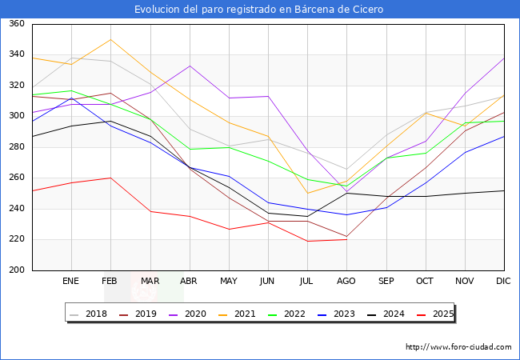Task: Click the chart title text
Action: [x=259, y=10]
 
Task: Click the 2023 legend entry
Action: [x=342, y=314]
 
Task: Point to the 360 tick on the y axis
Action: [x=17, y=24]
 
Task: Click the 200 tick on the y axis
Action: [x=17, y=270]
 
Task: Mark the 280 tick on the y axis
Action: [x=17, y=147]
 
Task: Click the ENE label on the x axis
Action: [x=71, y=282]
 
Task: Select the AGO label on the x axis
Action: [x=346, y=282]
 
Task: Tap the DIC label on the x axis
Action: [x=503, y=282]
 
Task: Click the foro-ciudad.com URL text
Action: [x=458, y=347]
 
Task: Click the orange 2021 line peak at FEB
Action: [x=110, y=39]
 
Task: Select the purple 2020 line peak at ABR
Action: [x=189, y=66]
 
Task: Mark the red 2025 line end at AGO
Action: [x=346, y=239]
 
